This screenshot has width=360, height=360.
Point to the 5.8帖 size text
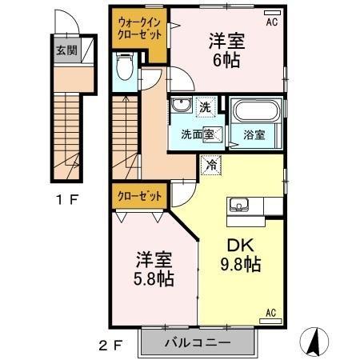click(x=153, y=280)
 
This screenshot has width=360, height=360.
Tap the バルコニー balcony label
click(x=198, y=342)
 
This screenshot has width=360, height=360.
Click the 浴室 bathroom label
click(x=254, y=135)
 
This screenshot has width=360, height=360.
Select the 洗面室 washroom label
click(x=196, y=135)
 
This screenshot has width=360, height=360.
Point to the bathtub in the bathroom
click(x=254, y=110)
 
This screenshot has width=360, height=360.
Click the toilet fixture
click(x=125, y=68)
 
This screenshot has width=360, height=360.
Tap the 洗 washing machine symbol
click(x=205, y=106)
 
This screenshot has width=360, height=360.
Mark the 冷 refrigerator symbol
click(x=211, y=165)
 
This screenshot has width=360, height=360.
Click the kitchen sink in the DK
click(x=239, y=206)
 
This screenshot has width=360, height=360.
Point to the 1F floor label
click(x=66, y=200)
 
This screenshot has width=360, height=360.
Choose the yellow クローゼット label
click(x=138, y=195)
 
